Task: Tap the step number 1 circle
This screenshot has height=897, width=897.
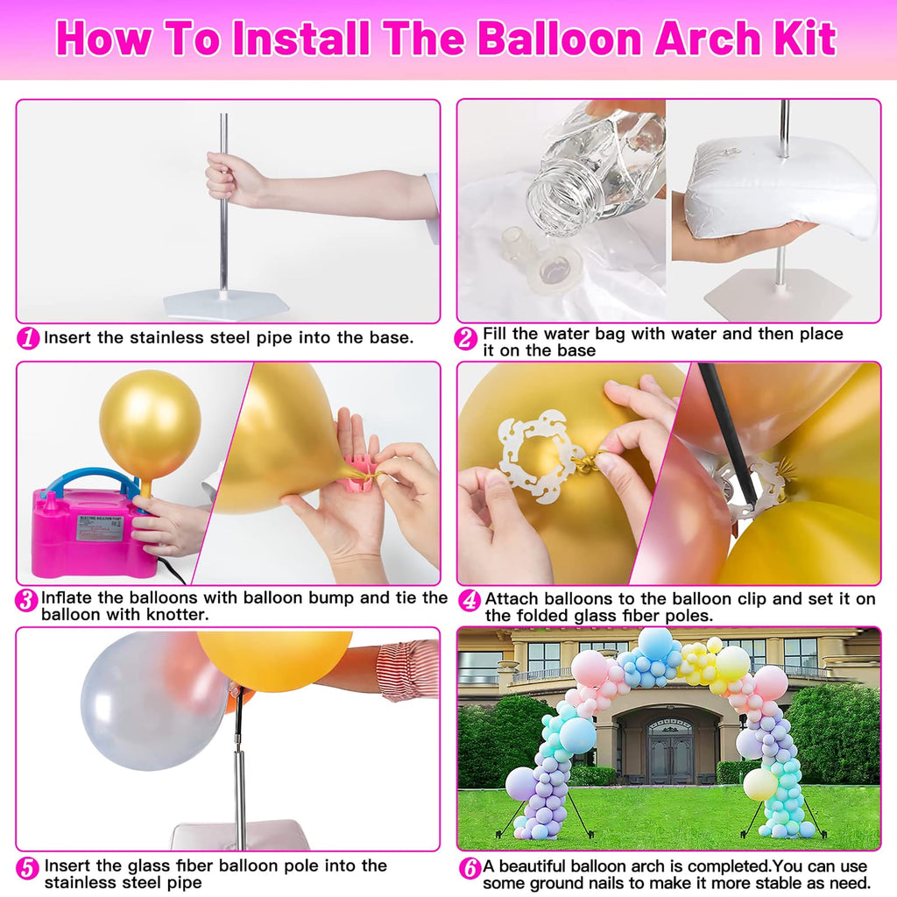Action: pyautogui.click(x=29, y=338)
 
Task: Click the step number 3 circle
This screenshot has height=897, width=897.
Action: pyautogui.click(x=27, y=601)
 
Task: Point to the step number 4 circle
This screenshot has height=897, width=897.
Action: pyautogui.click(x=470, y=601)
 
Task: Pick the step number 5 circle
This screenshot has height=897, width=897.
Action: pyautogui.click(x=29, y=868)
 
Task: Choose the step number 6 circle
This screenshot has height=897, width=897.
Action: pyautogui.click(x=470, y=868)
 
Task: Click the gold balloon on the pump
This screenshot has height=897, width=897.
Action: pyautogui.click(x=150, y=424)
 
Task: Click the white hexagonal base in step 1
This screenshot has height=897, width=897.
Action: pyautogui.click(x=225, y=306)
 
